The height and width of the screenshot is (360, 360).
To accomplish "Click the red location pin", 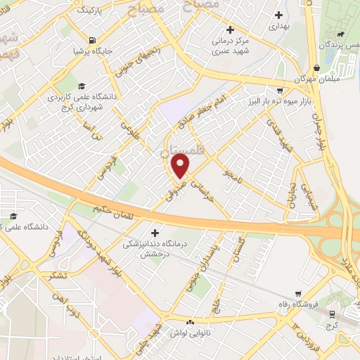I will coord(181,166).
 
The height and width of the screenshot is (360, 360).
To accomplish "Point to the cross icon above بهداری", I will coord(279,13).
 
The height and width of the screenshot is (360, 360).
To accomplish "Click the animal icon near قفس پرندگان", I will coord(341,33).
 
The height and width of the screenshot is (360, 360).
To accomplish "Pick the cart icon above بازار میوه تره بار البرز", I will coord(280,90).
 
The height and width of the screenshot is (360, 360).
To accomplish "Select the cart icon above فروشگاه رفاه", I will coord(299,294).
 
